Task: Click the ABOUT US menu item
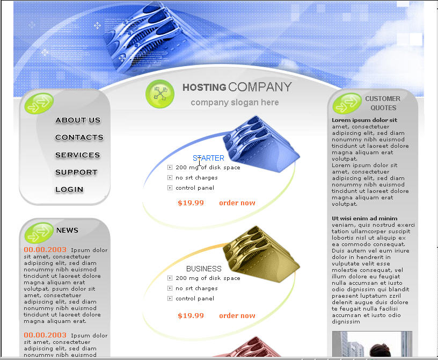pyautogui.click(x=78, y=120)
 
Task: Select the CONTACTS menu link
pyautogui.click(x=79, y=138)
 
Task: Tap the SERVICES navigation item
pyautogui.click(x=78, y=155)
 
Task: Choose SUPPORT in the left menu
pyautogui.click(x=76, y=172)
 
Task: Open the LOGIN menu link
pyautogui.click(x=69, y=190)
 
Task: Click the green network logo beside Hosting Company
pyautogui.click(x=160, y=93)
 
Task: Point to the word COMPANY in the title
pyautogui.click(x=260, y=87)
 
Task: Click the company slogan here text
pyautogui.click(x=235, y=103)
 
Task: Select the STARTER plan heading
pyautogui.click(x=208, y=158)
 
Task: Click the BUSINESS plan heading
pyautogui.click(x=204, y=269)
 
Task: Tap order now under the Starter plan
pyautogui.click(x=237, y=203)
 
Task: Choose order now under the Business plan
pyautogui.click(x=237, y=315)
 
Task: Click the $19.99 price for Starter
pyautogui.click(x=191, y=203)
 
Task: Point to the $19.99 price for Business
pyautogui.click(x=191, y=316)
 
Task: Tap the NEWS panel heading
pyautogui.click(x=67, y=230)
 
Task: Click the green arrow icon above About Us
pyautogui.click(x=39, y=103)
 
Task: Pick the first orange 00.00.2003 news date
pyautogui.click(x=45, y=249)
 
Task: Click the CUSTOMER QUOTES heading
pyautogui.click(x=383, y=103)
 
